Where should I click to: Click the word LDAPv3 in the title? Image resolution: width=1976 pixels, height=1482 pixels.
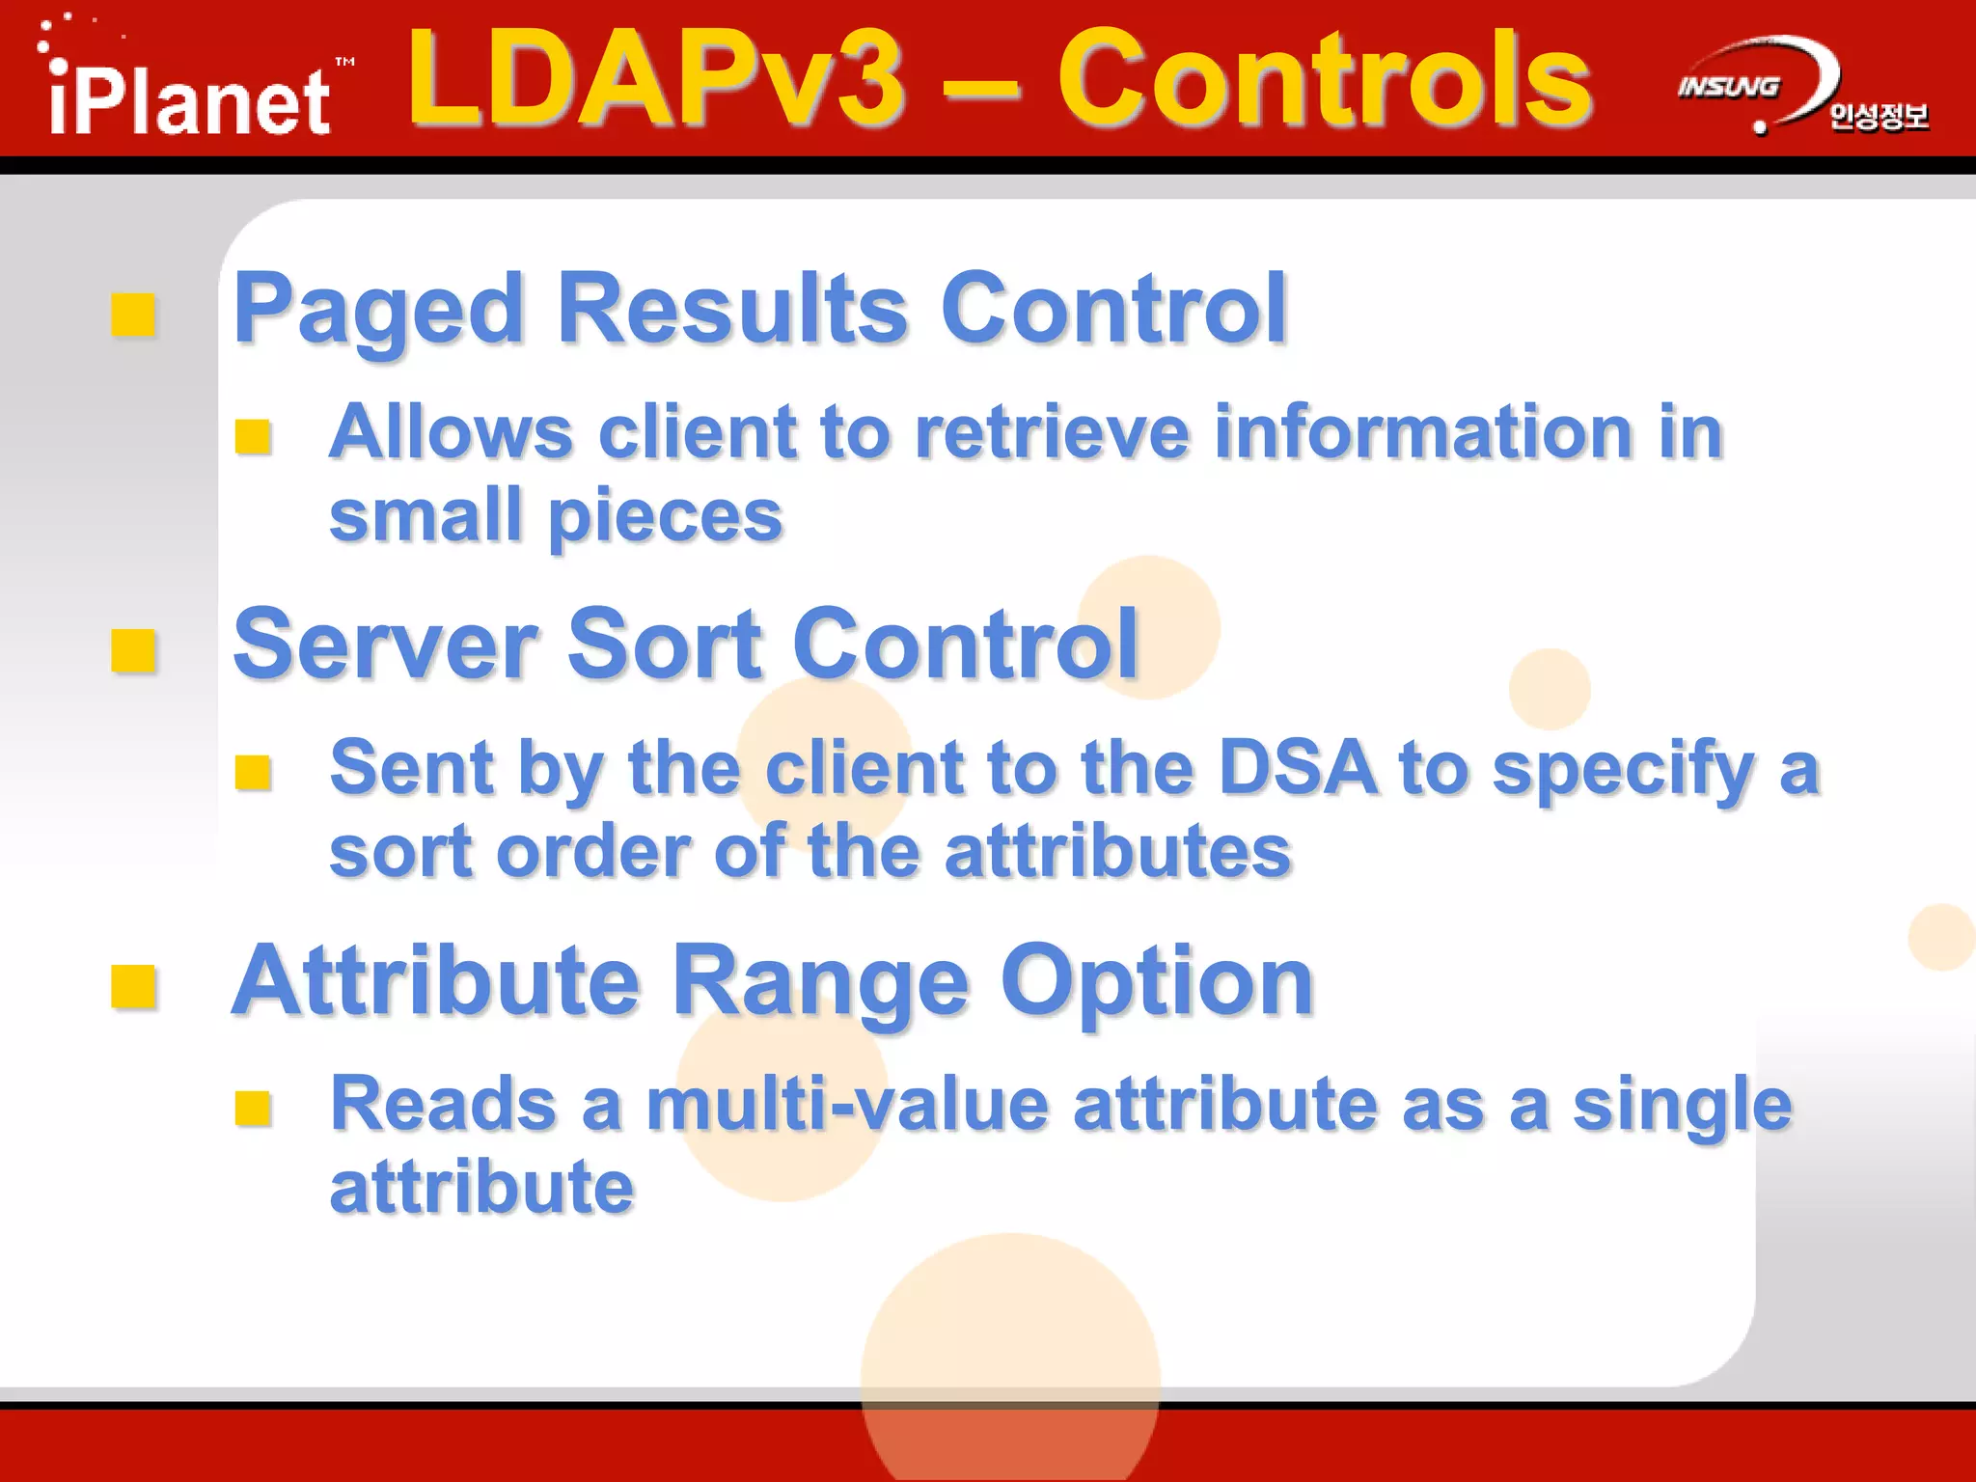coord(656,79)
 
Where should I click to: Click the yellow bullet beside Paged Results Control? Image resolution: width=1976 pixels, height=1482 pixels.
coord(133,315)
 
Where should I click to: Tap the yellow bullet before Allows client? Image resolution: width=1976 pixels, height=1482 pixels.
coord(254,437)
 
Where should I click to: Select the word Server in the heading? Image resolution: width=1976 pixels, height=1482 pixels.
coord(386,645)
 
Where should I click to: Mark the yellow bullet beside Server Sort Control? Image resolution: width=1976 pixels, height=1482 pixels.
coord(133,649)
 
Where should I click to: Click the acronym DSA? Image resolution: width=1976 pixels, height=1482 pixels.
coord(1298,768)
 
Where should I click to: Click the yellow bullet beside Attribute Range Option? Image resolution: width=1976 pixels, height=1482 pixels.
coord(133,986)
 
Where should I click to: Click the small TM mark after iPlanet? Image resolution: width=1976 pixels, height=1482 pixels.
coord(344,62)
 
